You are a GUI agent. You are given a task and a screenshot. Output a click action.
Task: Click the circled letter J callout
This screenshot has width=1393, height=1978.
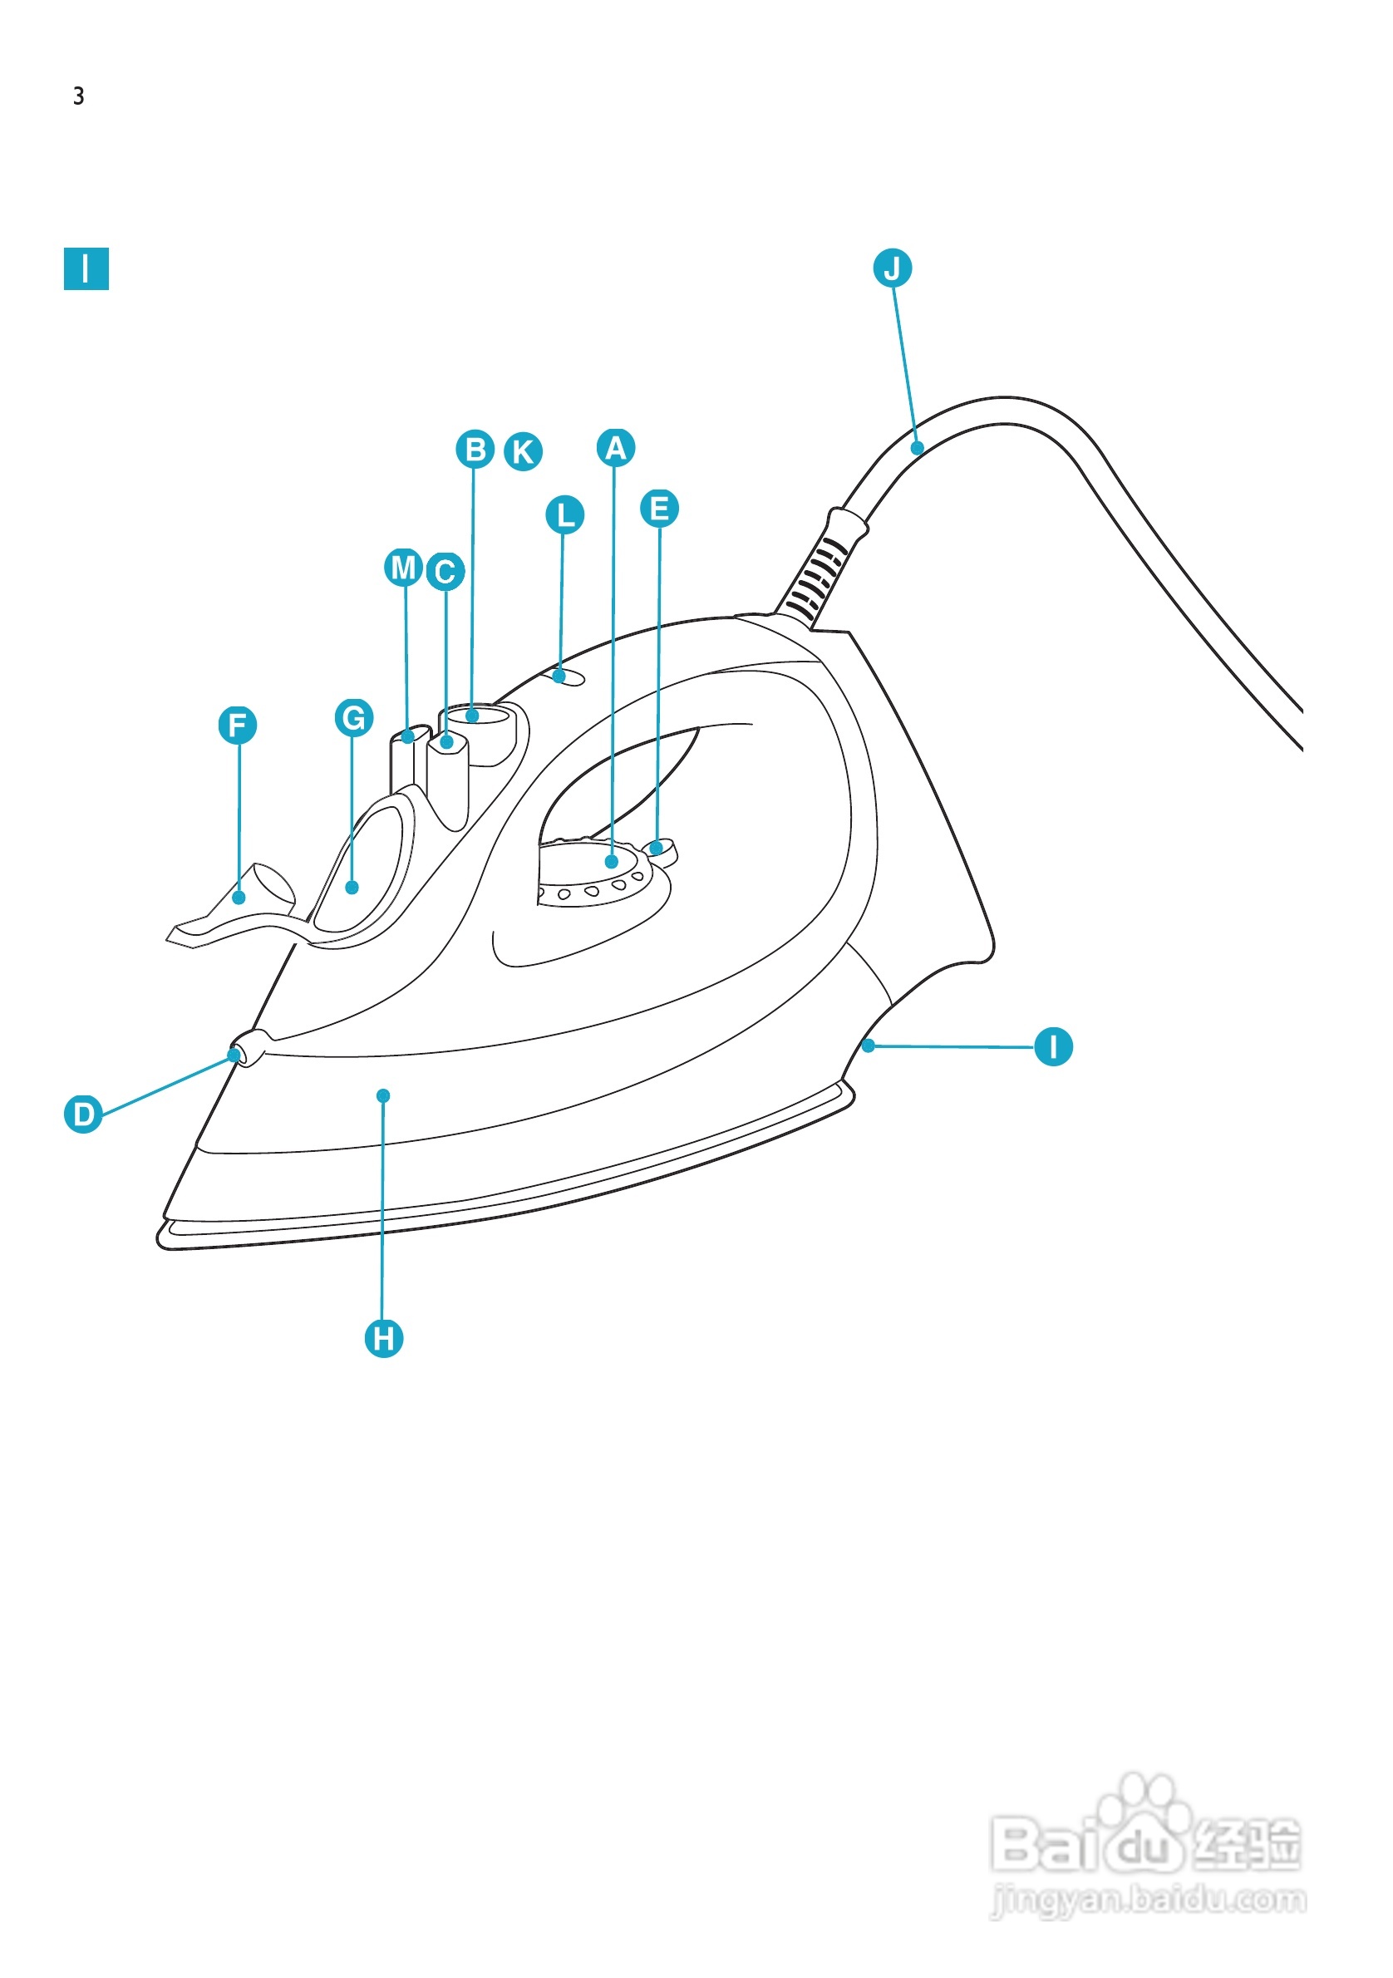coord(892,268)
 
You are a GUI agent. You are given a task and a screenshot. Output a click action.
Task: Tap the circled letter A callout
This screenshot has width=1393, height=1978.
coord(615,448)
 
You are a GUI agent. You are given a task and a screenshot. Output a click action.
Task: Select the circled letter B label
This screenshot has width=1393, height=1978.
coord(475,450)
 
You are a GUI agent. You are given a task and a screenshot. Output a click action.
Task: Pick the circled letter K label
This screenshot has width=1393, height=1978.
coord(523,451)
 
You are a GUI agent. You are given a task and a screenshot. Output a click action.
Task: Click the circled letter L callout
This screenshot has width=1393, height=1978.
coord(565,515)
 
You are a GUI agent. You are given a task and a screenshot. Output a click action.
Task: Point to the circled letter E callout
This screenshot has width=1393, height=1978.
coord(659,509)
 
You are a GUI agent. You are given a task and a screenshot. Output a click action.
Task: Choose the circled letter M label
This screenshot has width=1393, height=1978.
coord(402,568)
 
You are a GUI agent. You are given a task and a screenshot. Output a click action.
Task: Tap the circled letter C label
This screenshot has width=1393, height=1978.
coord(445,572)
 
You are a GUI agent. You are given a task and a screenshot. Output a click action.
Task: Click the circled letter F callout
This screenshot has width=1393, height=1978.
coord(238,726)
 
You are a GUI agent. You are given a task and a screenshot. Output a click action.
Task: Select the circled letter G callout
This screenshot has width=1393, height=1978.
coord(353,717)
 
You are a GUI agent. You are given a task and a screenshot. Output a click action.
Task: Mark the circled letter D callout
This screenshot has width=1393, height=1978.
coord(83,1114)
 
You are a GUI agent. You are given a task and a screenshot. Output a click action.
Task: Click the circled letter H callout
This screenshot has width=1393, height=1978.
coord(383,1339)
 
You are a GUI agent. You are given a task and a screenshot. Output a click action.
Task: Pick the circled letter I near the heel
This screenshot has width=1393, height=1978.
coord(1053,1046)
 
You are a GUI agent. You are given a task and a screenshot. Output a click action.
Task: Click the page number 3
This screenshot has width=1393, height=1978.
coord(78,96)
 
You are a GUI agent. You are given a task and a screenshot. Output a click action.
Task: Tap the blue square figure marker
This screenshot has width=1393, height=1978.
coord(86,268)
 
